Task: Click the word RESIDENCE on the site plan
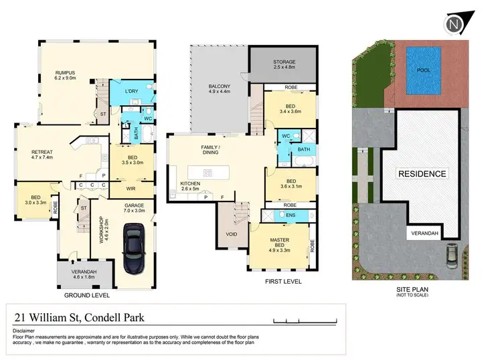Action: tap(422, 174)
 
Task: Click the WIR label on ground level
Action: tap(131, 189)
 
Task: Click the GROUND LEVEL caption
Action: tap(87, 294)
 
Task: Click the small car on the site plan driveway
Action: tap(452, 254)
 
